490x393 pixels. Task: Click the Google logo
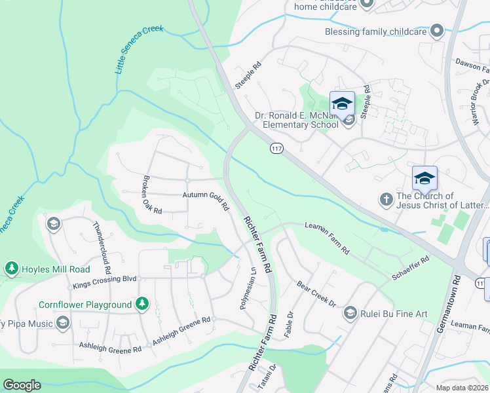[x=22, y=385]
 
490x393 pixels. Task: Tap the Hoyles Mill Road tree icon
[x=11, y=269]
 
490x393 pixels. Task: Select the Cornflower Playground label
[x=85, y=305]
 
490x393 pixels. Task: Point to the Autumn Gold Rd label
[x=205, y=199]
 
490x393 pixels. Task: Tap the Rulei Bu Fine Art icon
[x=350, y=313]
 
